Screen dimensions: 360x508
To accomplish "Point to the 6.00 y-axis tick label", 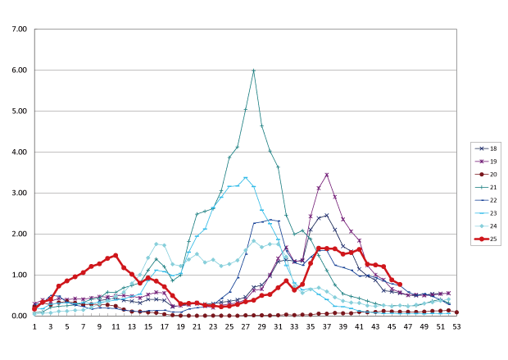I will (19, 71).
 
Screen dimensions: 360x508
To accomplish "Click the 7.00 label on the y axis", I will (19, 30).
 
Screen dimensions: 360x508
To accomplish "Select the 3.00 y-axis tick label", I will (19, 194).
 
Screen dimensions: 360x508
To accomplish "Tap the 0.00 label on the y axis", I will (19, 317).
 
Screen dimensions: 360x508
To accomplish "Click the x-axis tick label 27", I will (245, 326).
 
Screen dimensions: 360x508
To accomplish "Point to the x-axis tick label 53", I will (456, 326).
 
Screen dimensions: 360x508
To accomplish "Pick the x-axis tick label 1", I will (34, 326).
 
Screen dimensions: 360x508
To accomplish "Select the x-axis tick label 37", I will (326, 326).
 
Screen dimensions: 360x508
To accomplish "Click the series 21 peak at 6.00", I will (254, 71).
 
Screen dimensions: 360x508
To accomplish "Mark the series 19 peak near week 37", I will (327, 175).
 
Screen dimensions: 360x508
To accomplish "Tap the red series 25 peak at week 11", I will (116, 255).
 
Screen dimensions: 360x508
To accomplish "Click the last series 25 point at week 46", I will (400, 284).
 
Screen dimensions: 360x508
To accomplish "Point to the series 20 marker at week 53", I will (456, 312).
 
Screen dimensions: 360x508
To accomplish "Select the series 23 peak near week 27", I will (245, 177).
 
